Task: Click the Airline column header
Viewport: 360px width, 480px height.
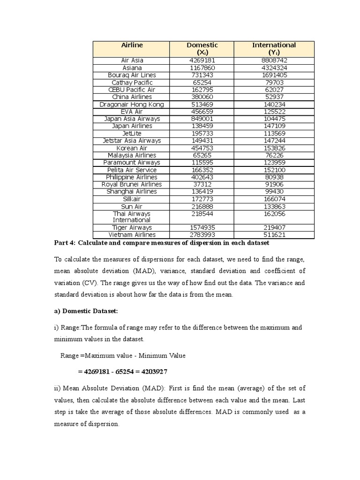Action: click(132, 45)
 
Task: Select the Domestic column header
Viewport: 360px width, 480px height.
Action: click(202, 48)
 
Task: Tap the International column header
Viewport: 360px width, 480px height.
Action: click(274, 48)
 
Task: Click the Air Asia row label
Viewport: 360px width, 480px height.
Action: click(132, 60)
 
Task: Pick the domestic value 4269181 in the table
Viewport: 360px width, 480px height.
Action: click(202, 60)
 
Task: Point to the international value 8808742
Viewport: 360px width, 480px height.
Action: click(274, 60)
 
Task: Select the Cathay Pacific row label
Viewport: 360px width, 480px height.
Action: click(132, 82)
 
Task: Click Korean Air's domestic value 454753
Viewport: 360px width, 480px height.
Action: click(202, 148)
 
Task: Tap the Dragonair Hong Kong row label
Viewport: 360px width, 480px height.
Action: click(132, 105)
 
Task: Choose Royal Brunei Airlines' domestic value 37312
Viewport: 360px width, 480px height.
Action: click(202, 185)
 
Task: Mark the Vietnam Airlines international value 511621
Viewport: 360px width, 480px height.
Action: click(274, 235)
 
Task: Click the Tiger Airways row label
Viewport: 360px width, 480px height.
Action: click(132, 228)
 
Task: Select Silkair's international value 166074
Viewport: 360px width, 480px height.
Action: click(274, 199)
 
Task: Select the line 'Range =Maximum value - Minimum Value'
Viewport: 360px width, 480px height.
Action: click(123, 355)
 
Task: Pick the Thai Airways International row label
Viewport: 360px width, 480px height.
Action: click(132, 217)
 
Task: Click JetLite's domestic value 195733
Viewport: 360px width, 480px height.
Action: click(202, 134)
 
